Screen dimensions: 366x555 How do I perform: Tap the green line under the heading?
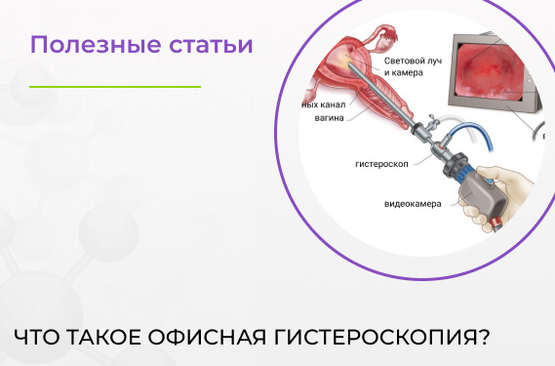114,87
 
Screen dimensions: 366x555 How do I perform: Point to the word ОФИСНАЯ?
203,337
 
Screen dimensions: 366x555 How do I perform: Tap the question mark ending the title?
483,337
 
